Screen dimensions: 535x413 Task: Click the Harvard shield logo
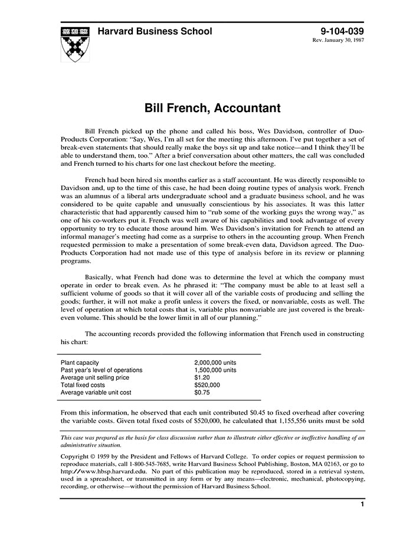(76, 43)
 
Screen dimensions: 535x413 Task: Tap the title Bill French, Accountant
(204, 109)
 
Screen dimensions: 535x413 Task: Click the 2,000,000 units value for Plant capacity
(215, 363)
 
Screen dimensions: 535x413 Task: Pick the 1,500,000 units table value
(215, 370)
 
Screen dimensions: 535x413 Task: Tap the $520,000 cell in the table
(206, 385)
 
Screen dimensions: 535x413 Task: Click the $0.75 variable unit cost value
(202, 392)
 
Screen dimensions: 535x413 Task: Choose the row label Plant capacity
(80, 363)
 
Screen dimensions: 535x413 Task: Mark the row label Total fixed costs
(83, 385)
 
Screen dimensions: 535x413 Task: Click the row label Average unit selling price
(94, 377)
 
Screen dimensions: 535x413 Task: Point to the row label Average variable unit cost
(96, 392)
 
